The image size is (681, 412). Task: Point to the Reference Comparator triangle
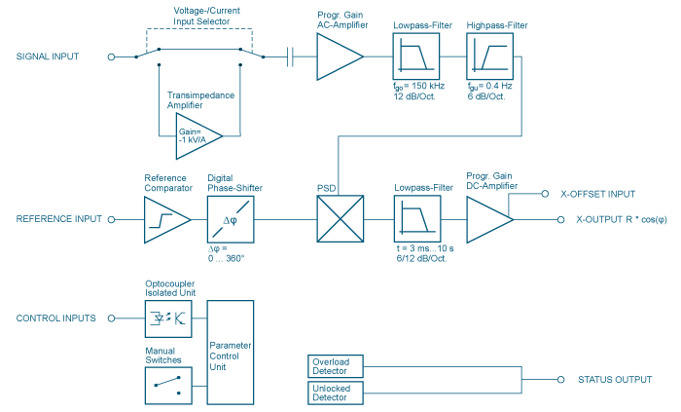166,220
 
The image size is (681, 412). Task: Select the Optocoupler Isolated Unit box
168,318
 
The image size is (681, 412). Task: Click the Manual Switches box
168,380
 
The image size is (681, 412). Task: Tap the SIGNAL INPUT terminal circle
111,56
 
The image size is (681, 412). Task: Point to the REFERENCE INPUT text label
57,220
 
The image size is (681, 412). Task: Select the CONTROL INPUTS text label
55,318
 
